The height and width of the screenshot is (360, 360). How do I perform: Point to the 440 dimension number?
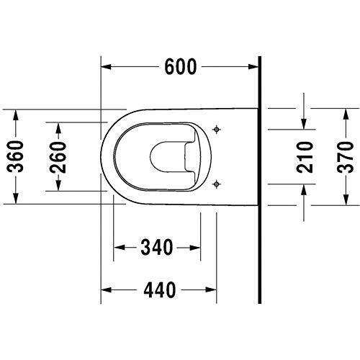(x=158, y=290)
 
